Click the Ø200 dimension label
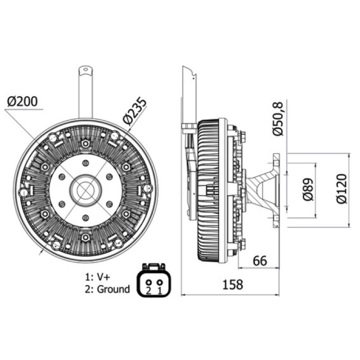click(x=22, y=102)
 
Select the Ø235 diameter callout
click(x=134, y=112)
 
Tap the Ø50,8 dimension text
click(x=278, y=119)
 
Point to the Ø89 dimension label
click(x=308, y=190)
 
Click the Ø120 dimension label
click(x=342, y=189)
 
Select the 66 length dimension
click(x=260, y=261)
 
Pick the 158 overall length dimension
click(x=233, y=284)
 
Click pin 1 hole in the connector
click(x=160, y=282)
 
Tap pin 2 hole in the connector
click(x=148, y=282)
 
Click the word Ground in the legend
click(x=113, y=289)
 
